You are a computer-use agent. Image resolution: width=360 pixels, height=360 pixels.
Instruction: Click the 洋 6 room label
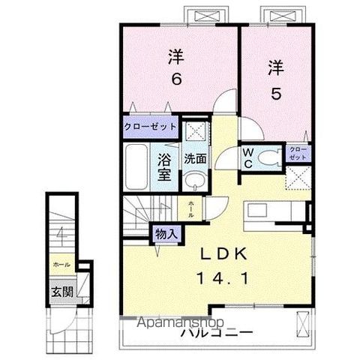[176, 67]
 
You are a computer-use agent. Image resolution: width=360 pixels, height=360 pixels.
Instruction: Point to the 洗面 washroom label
[196, 159]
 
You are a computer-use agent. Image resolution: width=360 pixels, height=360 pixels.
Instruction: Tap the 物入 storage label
[166, 233]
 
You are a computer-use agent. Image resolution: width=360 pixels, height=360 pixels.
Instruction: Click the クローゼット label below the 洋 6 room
[150, 127]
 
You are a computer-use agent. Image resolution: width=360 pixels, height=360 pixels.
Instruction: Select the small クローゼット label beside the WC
[298, 155]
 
